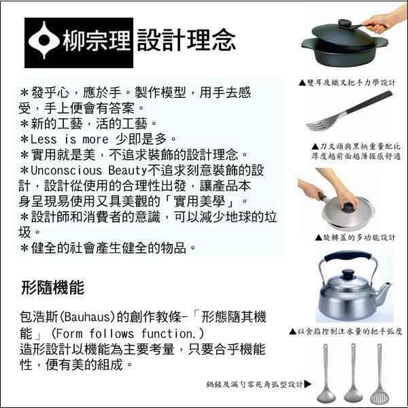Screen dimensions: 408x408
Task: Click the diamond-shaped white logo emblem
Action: [x=44, y=40]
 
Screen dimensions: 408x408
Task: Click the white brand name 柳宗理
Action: [x=97, y=40]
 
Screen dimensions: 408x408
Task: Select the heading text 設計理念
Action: [x=186, y=40]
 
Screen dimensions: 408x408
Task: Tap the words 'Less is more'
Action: [x=69, y=139]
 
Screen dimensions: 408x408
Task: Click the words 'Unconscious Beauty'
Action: [x=89, y=171]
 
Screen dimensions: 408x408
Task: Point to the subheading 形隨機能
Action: [x=52, y=288]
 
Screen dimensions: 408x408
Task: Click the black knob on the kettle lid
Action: [x=348, y=275]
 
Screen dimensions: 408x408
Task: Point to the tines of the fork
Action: [x=318, y=124]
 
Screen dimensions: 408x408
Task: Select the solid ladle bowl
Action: [x=326, y=396]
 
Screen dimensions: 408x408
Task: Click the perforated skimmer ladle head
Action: [x=352, y=395]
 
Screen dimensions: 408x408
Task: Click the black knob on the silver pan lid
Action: [x=350, y=207]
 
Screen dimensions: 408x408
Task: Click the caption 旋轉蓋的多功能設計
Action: [x=355, y=237]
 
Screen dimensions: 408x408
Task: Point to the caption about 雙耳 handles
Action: [x=347, y=83]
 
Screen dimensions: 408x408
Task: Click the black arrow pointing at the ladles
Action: [x=307, y=384]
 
